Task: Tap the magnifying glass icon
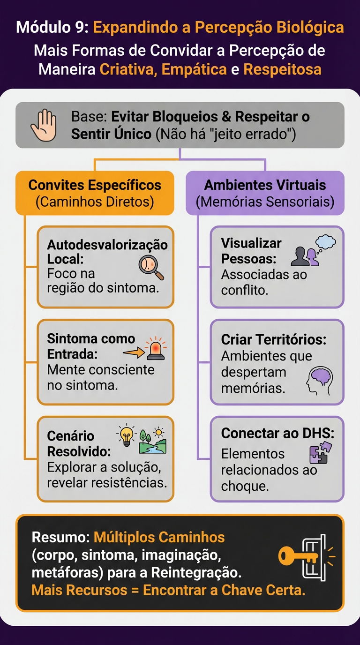click(x=150, y=267)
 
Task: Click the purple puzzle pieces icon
click(x=321, y=452)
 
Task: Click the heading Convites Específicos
click(x=95, y=185)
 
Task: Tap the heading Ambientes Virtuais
click(x=265, y=185)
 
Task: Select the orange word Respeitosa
click(x=282, y=69)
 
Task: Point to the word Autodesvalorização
click(x=107, y=245)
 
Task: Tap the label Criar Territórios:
click(x=274, y=340)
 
